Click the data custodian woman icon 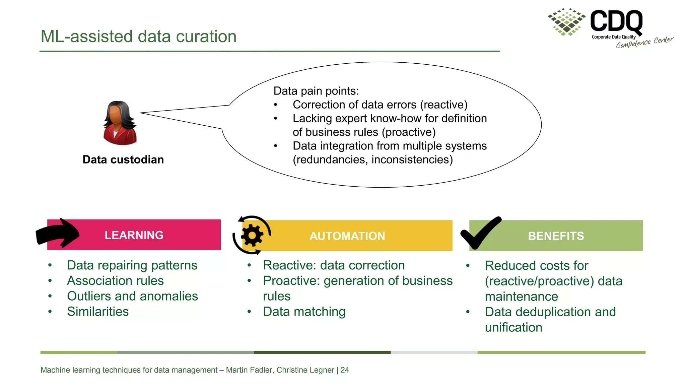120,123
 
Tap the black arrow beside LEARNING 58,234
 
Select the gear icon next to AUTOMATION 252,235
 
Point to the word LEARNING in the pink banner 134,235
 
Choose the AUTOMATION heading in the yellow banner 347,236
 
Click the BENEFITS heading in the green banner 556,236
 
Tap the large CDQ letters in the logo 616,21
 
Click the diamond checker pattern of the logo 566,21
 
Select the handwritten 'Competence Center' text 644,42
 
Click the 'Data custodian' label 123,159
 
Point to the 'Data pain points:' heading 316,91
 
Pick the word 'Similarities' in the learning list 98,312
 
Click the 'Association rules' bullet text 115,281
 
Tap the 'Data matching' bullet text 304,312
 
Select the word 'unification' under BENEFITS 513,327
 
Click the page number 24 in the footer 345,370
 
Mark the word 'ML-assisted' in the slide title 86,36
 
